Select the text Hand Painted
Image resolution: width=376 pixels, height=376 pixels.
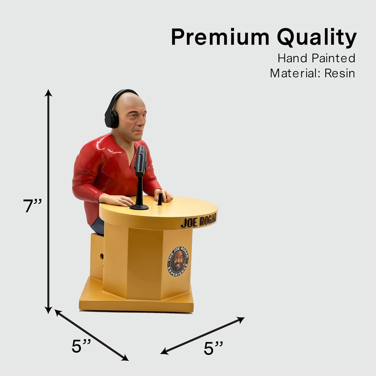(x=316, y=58)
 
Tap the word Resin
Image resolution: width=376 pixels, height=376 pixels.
(x=340, y=73)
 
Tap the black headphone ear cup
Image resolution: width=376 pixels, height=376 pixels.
(x=115, y=117)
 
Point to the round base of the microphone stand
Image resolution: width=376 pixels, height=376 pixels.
(x=139, y=207)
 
